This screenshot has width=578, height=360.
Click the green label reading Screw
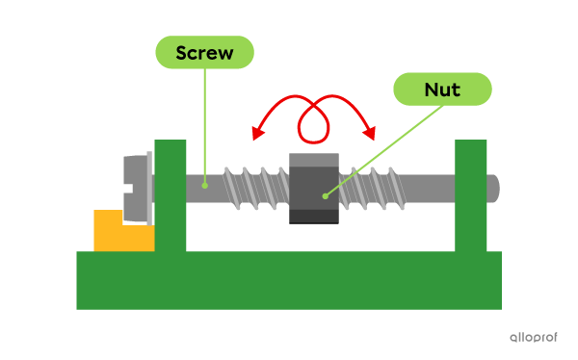[x=204, y=52]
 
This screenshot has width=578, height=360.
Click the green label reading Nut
[x=442, y=90]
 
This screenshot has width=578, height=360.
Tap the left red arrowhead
[x=256, y=134]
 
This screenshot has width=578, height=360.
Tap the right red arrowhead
[x=369, y=134]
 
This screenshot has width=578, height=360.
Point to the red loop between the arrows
[x=313, y=120]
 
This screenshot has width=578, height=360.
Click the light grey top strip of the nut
[x=313, y=160]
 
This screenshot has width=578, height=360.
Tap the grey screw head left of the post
[x=137, y=187]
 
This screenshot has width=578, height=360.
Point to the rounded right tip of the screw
[x=493, y=188]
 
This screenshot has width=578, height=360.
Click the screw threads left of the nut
[x=255, y=188]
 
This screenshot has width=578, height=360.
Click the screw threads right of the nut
[x=376, y=188]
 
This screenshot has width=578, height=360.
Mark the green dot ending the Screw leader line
[x=204, y=183]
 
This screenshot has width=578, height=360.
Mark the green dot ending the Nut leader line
[x=325, y=196]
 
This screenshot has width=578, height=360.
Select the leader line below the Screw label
[x=204, y=125]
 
